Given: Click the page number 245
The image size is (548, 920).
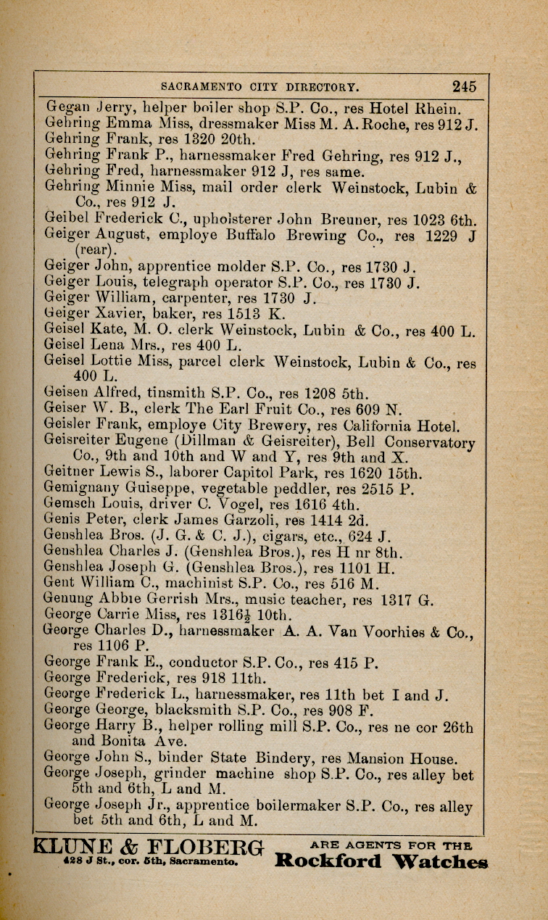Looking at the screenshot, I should click(464, 87).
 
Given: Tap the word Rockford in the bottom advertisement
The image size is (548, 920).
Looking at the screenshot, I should click(328, 861).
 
